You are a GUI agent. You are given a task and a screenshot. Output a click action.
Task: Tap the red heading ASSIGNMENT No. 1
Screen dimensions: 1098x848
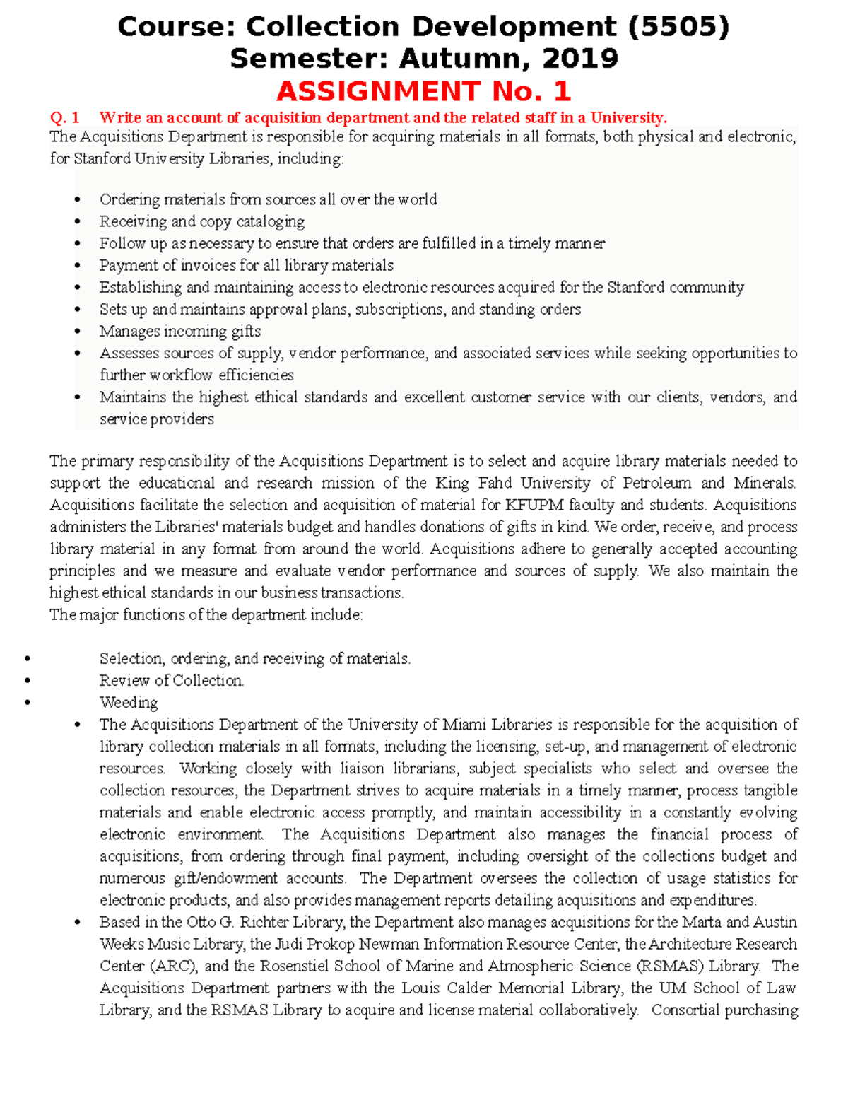pos(423,91)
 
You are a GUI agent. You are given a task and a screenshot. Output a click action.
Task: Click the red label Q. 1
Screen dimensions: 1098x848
pos(64,117)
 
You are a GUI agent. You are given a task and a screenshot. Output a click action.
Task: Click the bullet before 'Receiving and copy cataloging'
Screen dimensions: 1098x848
pos(78,222)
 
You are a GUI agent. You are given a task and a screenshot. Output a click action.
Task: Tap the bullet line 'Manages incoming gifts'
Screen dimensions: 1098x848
pos(179,332)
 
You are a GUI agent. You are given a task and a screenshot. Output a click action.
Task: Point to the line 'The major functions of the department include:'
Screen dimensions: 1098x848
pos(206,615)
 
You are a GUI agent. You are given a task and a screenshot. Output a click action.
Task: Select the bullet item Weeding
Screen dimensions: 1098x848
pos(129,703)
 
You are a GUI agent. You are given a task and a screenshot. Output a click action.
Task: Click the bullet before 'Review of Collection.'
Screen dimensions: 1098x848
pos(28,681)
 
